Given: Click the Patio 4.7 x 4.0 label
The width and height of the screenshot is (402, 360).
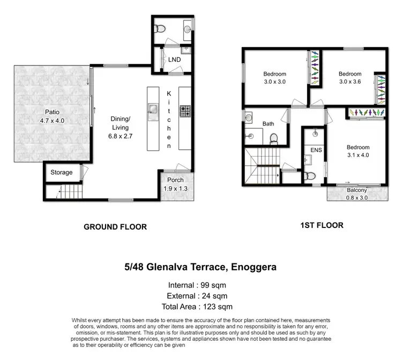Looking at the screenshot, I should tap(52, 116).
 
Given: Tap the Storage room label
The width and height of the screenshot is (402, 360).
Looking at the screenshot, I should tap(62, 172).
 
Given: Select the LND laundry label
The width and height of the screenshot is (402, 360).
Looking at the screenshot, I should tap(174, 60).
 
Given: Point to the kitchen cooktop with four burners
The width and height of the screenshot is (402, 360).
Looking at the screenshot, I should tap(185, 111).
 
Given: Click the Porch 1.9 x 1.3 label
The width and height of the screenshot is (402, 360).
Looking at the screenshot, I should tap(175, 184).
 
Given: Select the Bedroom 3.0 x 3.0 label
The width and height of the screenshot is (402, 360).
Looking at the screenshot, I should tap(274, 78).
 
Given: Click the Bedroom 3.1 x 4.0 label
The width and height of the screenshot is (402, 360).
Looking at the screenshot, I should tap(358, 151).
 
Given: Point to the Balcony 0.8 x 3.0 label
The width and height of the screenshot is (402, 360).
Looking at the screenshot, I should tap(357, 194).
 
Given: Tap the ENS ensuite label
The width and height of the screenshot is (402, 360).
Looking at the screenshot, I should tap(316, 150).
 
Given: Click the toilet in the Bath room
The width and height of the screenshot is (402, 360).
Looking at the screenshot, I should tap(273, 139).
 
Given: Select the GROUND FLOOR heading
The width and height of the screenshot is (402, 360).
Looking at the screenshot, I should tap(115, 227).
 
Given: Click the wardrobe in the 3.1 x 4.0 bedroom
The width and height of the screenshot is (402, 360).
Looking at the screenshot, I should tap(367, 113).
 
